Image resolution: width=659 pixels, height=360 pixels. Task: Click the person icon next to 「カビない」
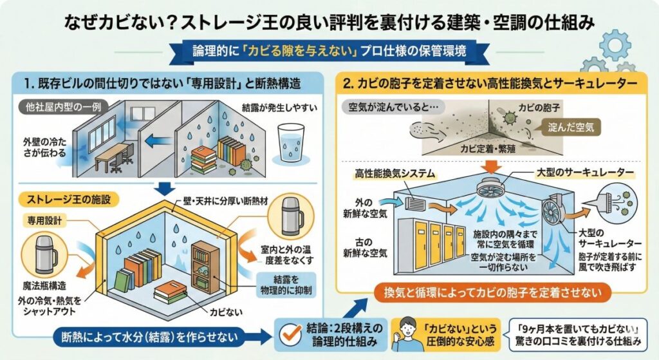[x=396, y=333]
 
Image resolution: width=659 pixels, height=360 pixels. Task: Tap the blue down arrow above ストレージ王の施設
[x=165, y=187]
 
